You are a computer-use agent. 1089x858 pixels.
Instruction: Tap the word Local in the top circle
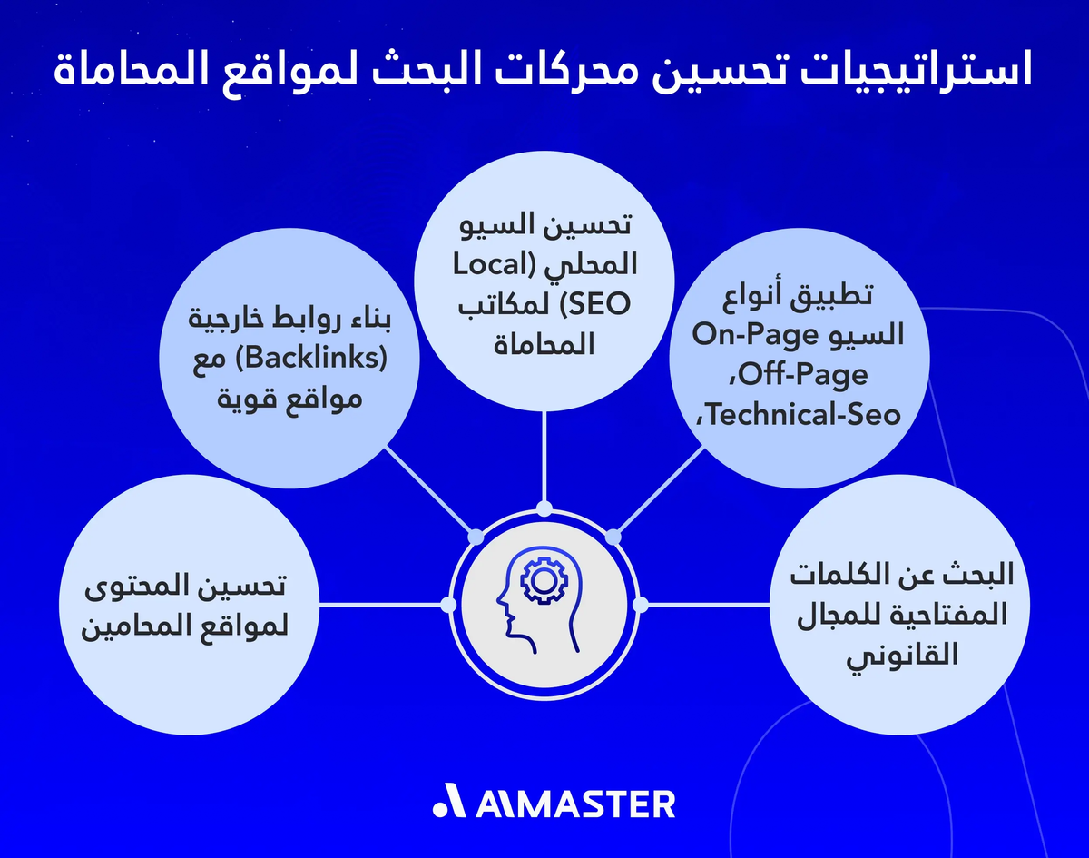(x=493, y=266)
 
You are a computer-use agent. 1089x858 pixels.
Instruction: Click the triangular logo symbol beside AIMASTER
(x=448, y=804)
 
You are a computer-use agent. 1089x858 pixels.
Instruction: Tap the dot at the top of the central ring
(x=544, y=508)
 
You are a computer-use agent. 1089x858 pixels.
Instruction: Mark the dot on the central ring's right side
(x=640, y=604)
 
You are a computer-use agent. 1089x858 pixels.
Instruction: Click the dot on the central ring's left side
(x=447, y=604)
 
